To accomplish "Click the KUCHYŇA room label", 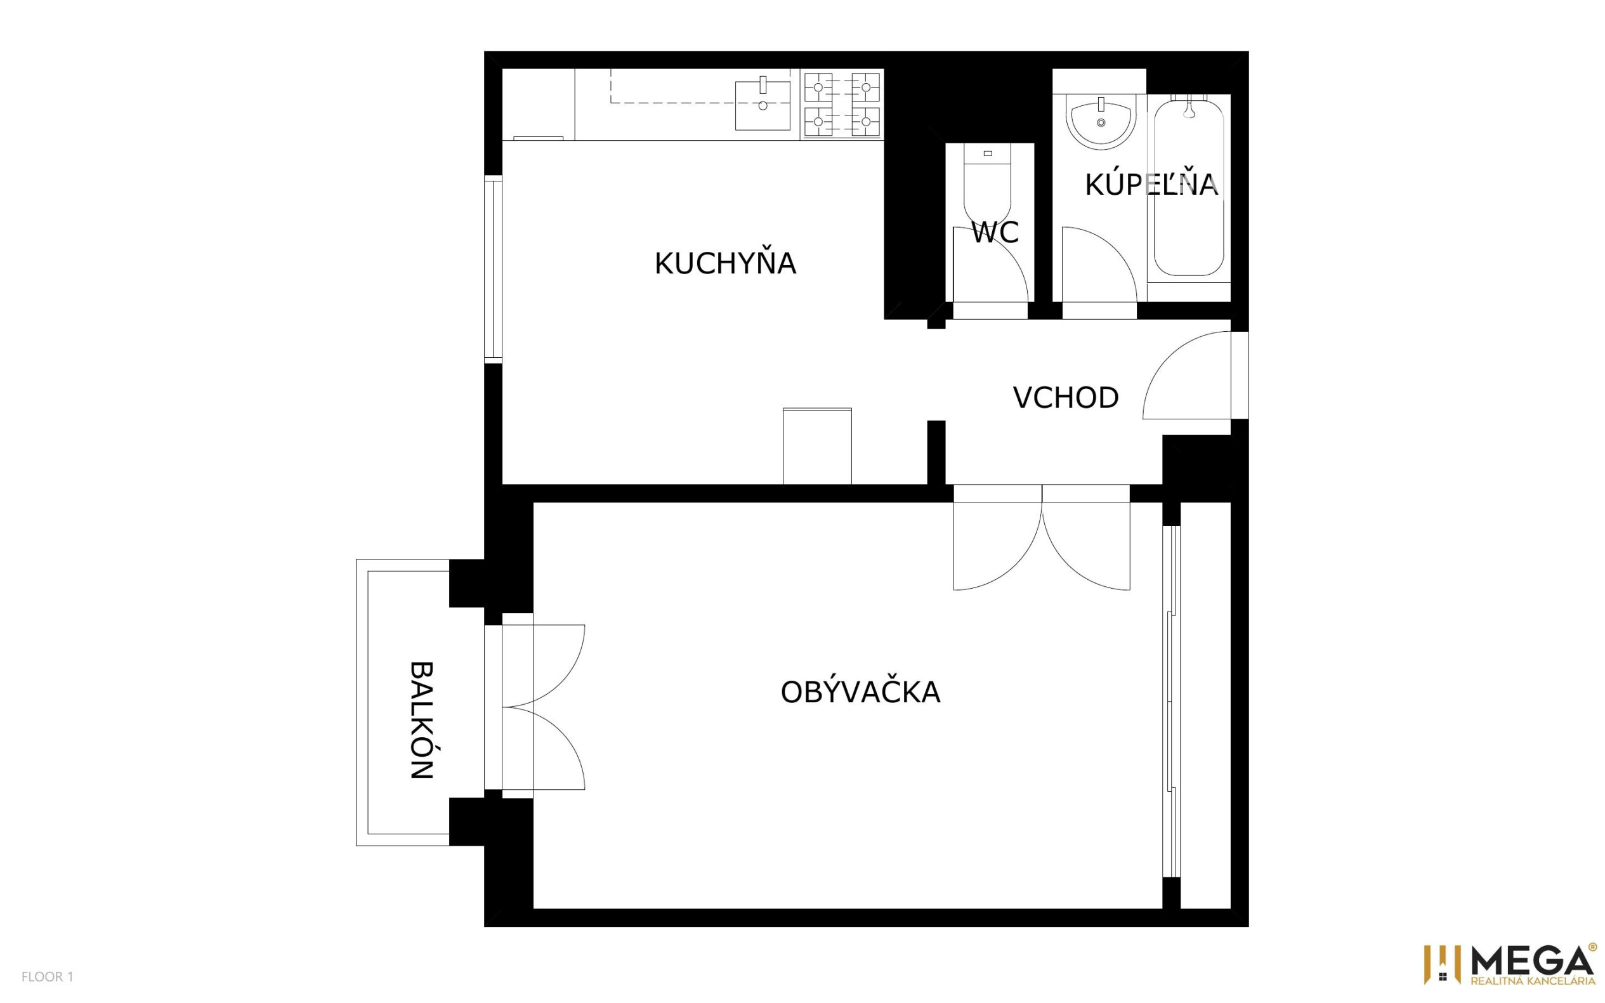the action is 725,263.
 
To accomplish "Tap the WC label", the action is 995,232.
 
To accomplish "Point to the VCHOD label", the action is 1066,397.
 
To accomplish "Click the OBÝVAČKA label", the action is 860,692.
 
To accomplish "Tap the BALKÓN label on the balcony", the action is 422,720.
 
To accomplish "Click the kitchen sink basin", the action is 763,105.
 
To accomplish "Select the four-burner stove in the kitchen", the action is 842,105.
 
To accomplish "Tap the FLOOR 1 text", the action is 47,976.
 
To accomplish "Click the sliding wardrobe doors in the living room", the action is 1172,702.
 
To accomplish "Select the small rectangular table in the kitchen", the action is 817,446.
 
